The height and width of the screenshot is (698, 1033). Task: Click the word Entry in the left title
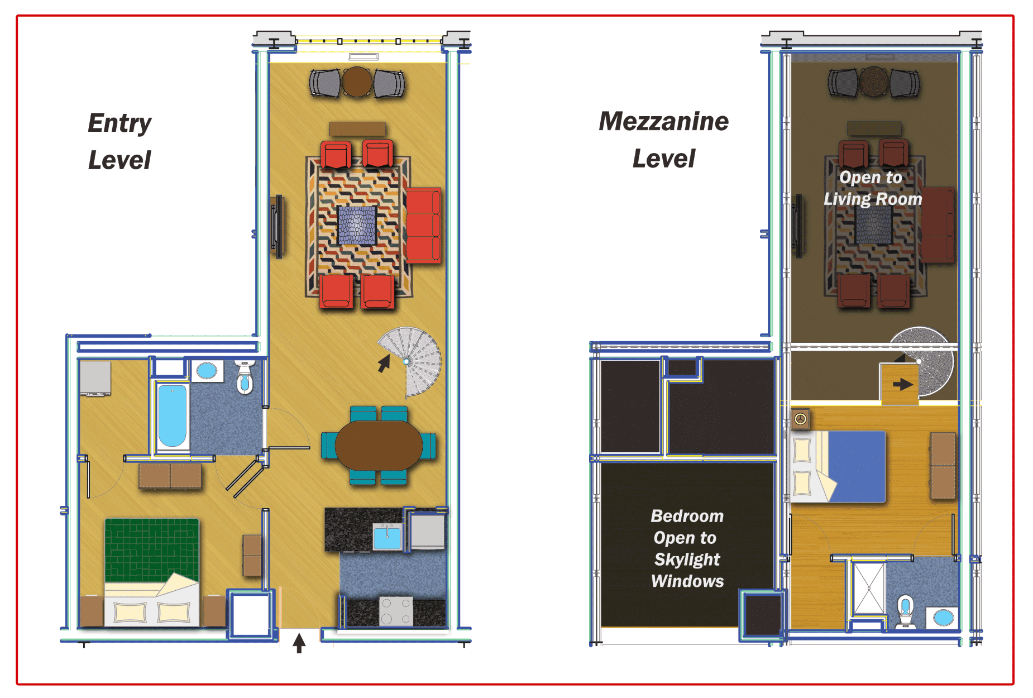click(x=119, y=123)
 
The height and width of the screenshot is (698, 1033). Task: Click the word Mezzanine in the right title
click(x=664, y=121)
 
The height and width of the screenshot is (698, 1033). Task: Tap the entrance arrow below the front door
click(x=299, y=643)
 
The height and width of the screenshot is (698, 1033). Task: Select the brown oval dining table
click(x=379, y=446)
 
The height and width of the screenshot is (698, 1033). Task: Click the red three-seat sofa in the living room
click(x=423, y=225)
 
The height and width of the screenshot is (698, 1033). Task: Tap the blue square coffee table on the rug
click(x=357, y=225)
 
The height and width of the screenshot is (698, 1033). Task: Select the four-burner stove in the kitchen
click(x=396, y=611)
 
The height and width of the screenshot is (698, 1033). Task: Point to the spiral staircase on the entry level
click(x=410, y=360)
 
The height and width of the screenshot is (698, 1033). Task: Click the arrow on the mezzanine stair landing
click(x=902, y=384)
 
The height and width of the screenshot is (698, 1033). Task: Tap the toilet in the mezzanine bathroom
click(x=905, y=612)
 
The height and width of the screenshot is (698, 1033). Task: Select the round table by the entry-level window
click(x=357, y=82)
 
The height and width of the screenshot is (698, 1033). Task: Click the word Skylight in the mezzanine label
click(x=687, y=559)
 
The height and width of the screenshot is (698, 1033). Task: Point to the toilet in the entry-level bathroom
click(x=245, y=377)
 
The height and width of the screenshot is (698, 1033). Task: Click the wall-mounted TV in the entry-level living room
click(x=275, y=227)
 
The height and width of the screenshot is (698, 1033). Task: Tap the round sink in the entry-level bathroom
click(x=207, y=370)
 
